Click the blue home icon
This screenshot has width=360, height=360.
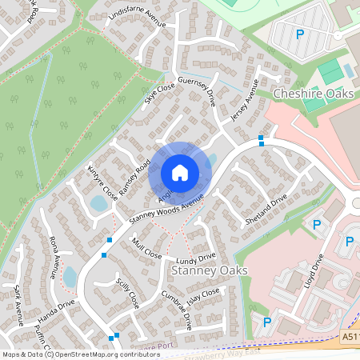coord(180,172)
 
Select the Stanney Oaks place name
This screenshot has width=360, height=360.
coord(210,270)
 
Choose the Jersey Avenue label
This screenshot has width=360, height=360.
coord(249,103)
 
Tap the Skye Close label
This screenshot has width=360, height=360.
coord(160,94)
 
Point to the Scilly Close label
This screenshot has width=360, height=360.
coord(128,294)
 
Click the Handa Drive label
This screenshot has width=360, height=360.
coord(55,310)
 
